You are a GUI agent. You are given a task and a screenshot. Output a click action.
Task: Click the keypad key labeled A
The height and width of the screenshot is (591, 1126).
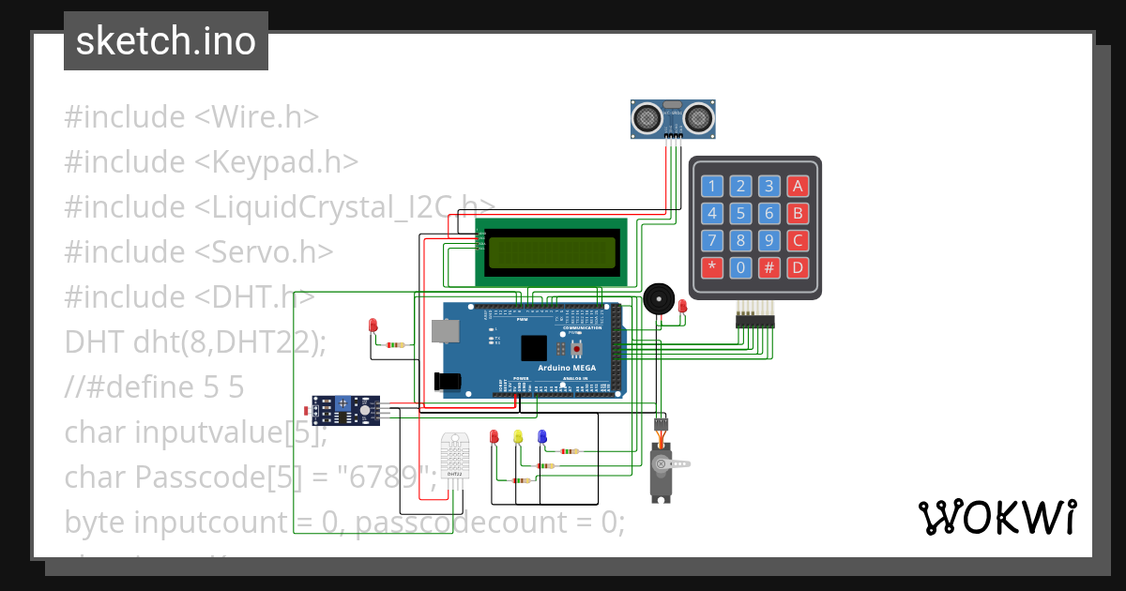(798, 186)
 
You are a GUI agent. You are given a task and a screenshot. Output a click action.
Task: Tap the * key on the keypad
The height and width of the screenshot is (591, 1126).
(712, 267)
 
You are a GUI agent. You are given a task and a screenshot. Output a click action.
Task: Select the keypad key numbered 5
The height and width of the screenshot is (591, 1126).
(740, 213)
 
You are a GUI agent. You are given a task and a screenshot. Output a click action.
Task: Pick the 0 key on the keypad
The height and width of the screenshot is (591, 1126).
(740, 267)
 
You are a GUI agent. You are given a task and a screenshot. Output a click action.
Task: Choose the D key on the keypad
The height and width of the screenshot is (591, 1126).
(798, 267)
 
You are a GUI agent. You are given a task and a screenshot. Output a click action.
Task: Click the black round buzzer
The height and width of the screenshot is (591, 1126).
(658, 300)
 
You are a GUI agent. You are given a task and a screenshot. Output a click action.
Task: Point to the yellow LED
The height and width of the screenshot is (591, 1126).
(517, 437)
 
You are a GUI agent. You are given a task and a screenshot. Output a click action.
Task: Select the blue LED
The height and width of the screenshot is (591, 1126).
(541, 436)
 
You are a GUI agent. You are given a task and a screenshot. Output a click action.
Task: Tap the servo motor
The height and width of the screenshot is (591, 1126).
(663, 466)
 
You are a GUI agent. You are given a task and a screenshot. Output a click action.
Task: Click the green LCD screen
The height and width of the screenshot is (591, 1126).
(552, 251)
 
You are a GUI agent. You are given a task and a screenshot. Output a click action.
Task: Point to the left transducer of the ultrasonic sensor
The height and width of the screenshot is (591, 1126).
(646, 117)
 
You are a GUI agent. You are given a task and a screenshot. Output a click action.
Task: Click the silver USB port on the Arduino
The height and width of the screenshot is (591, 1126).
(444, 330)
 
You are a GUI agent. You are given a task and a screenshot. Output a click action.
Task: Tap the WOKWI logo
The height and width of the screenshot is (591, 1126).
(997, 517)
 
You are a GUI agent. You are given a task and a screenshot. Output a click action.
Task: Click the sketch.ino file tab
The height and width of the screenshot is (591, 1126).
(166, 41)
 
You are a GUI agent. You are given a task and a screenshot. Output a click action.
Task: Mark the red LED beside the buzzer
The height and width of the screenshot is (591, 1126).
(682, 306)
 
